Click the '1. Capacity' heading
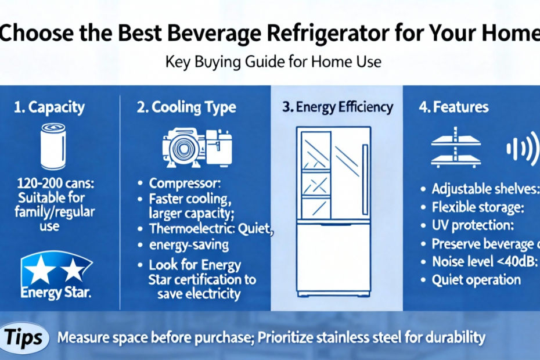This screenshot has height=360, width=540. pyautogui.click(x=49, y=107)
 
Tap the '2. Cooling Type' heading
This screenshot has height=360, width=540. pyautogui.click(x=186, y=107)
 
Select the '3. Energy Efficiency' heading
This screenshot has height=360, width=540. pyautogui.click(x=337, y=107)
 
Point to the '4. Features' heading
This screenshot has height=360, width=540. pyautogui.click(x=453, y=107)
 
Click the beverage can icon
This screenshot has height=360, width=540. pyautogui.click(x=53, y=146)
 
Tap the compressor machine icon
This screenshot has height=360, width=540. pyautogui.click(x=197, y=148)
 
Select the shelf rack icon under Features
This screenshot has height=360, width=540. pyautogui.click(x=456, y=147)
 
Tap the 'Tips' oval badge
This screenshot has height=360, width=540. pyautogui.click(x=24, y=337)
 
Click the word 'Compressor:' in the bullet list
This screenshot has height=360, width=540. pyautogui.click(x=185, y=183)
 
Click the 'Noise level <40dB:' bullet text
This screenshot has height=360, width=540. pyautogui.click(x=485, y=261)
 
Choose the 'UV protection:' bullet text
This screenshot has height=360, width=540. pyautogui.click(x=473, y=225)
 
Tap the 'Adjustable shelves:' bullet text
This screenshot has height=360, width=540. pyautogui.click(x=485, y=189)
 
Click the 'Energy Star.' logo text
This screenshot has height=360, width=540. pyautogui.click(x=56, y=293)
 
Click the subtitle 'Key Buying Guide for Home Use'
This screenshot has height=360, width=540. pyautogui.click(x=273, y=62)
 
